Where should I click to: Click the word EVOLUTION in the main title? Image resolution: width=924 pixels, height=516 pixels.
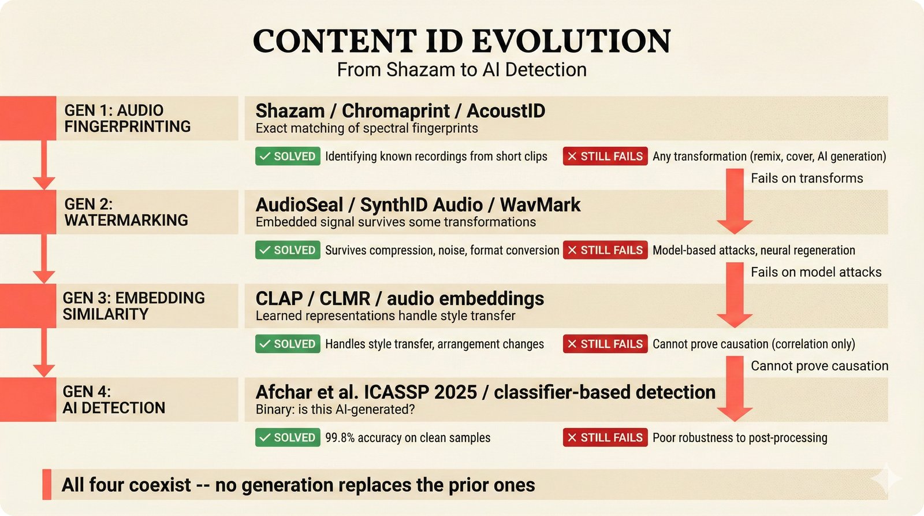tap(571, 42)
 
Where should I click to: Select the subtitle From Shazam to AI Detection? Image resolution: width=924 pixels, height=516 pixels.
tap(461, 70)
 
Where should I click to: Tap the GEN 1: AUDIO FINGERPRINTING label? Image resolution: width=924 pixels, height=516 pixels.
tap(127, 118)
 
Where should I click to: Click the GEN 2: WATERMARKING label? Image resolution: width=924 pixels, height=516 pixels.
tap(126, 212)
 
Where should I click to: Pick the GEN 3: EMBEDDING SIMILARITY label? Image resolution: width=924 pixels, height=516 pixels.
tap(133, 306)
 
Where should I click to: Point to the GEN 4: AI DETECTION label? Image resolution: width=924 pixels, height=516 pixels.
tap(114, 399)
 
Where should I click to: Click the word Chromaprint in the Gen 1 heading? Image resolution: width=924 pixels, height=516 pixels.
tap(396, 110)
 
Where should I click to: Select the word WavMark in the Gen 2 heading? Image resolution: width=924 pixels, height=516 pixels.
tap(540, 205)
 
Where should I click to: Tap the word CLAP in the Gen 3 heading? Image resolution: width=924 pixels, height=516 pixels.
tap(279, 298)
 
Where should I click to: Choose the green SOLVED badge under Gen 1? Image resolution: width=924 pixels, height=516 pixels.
tap(288, 157)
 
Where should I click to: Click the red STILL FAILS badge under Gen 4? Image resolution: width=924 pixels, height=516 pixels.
tap(605, 438)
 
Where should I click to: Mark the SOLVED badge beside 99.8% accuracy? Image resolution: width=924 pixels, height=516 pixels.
tap(288, 438)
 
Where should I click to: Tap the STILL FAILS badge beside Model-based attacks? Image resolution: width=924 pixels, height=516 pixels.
tap(605, 250)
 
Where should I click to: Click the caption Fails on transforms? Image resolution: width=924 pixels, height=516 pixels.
tap(807, 179)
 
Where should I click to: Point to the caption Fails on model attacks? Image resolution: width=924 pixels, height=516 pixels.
tap(816, 272)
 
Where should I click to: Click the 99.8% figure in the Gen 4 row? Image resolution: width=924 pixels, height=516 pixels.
tap(340, 438)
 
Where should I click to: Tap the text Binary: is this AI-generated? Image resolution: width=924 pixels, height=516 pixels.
tap(335, 410)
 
